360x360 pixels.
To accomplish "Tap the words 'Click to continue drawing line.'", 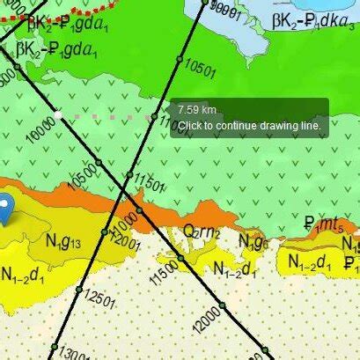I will tap(251, 125).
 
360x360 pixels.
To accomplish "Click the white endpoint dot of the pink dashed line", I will tap(58, 114).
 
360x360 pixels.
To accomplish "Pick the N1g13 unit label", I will tap(64, 241).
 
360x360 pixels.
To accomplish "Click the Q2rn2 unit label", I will tap(202, 232).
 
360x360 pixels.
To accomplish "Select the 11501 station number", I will tap(149, 184).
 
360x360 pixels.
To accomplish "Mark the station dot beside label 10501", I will tap(179, 59).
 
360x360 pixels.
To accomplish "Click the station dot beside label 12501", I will tap(78, 289).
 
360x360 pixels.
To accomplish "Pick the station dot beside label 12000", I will tap(222, 305).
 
